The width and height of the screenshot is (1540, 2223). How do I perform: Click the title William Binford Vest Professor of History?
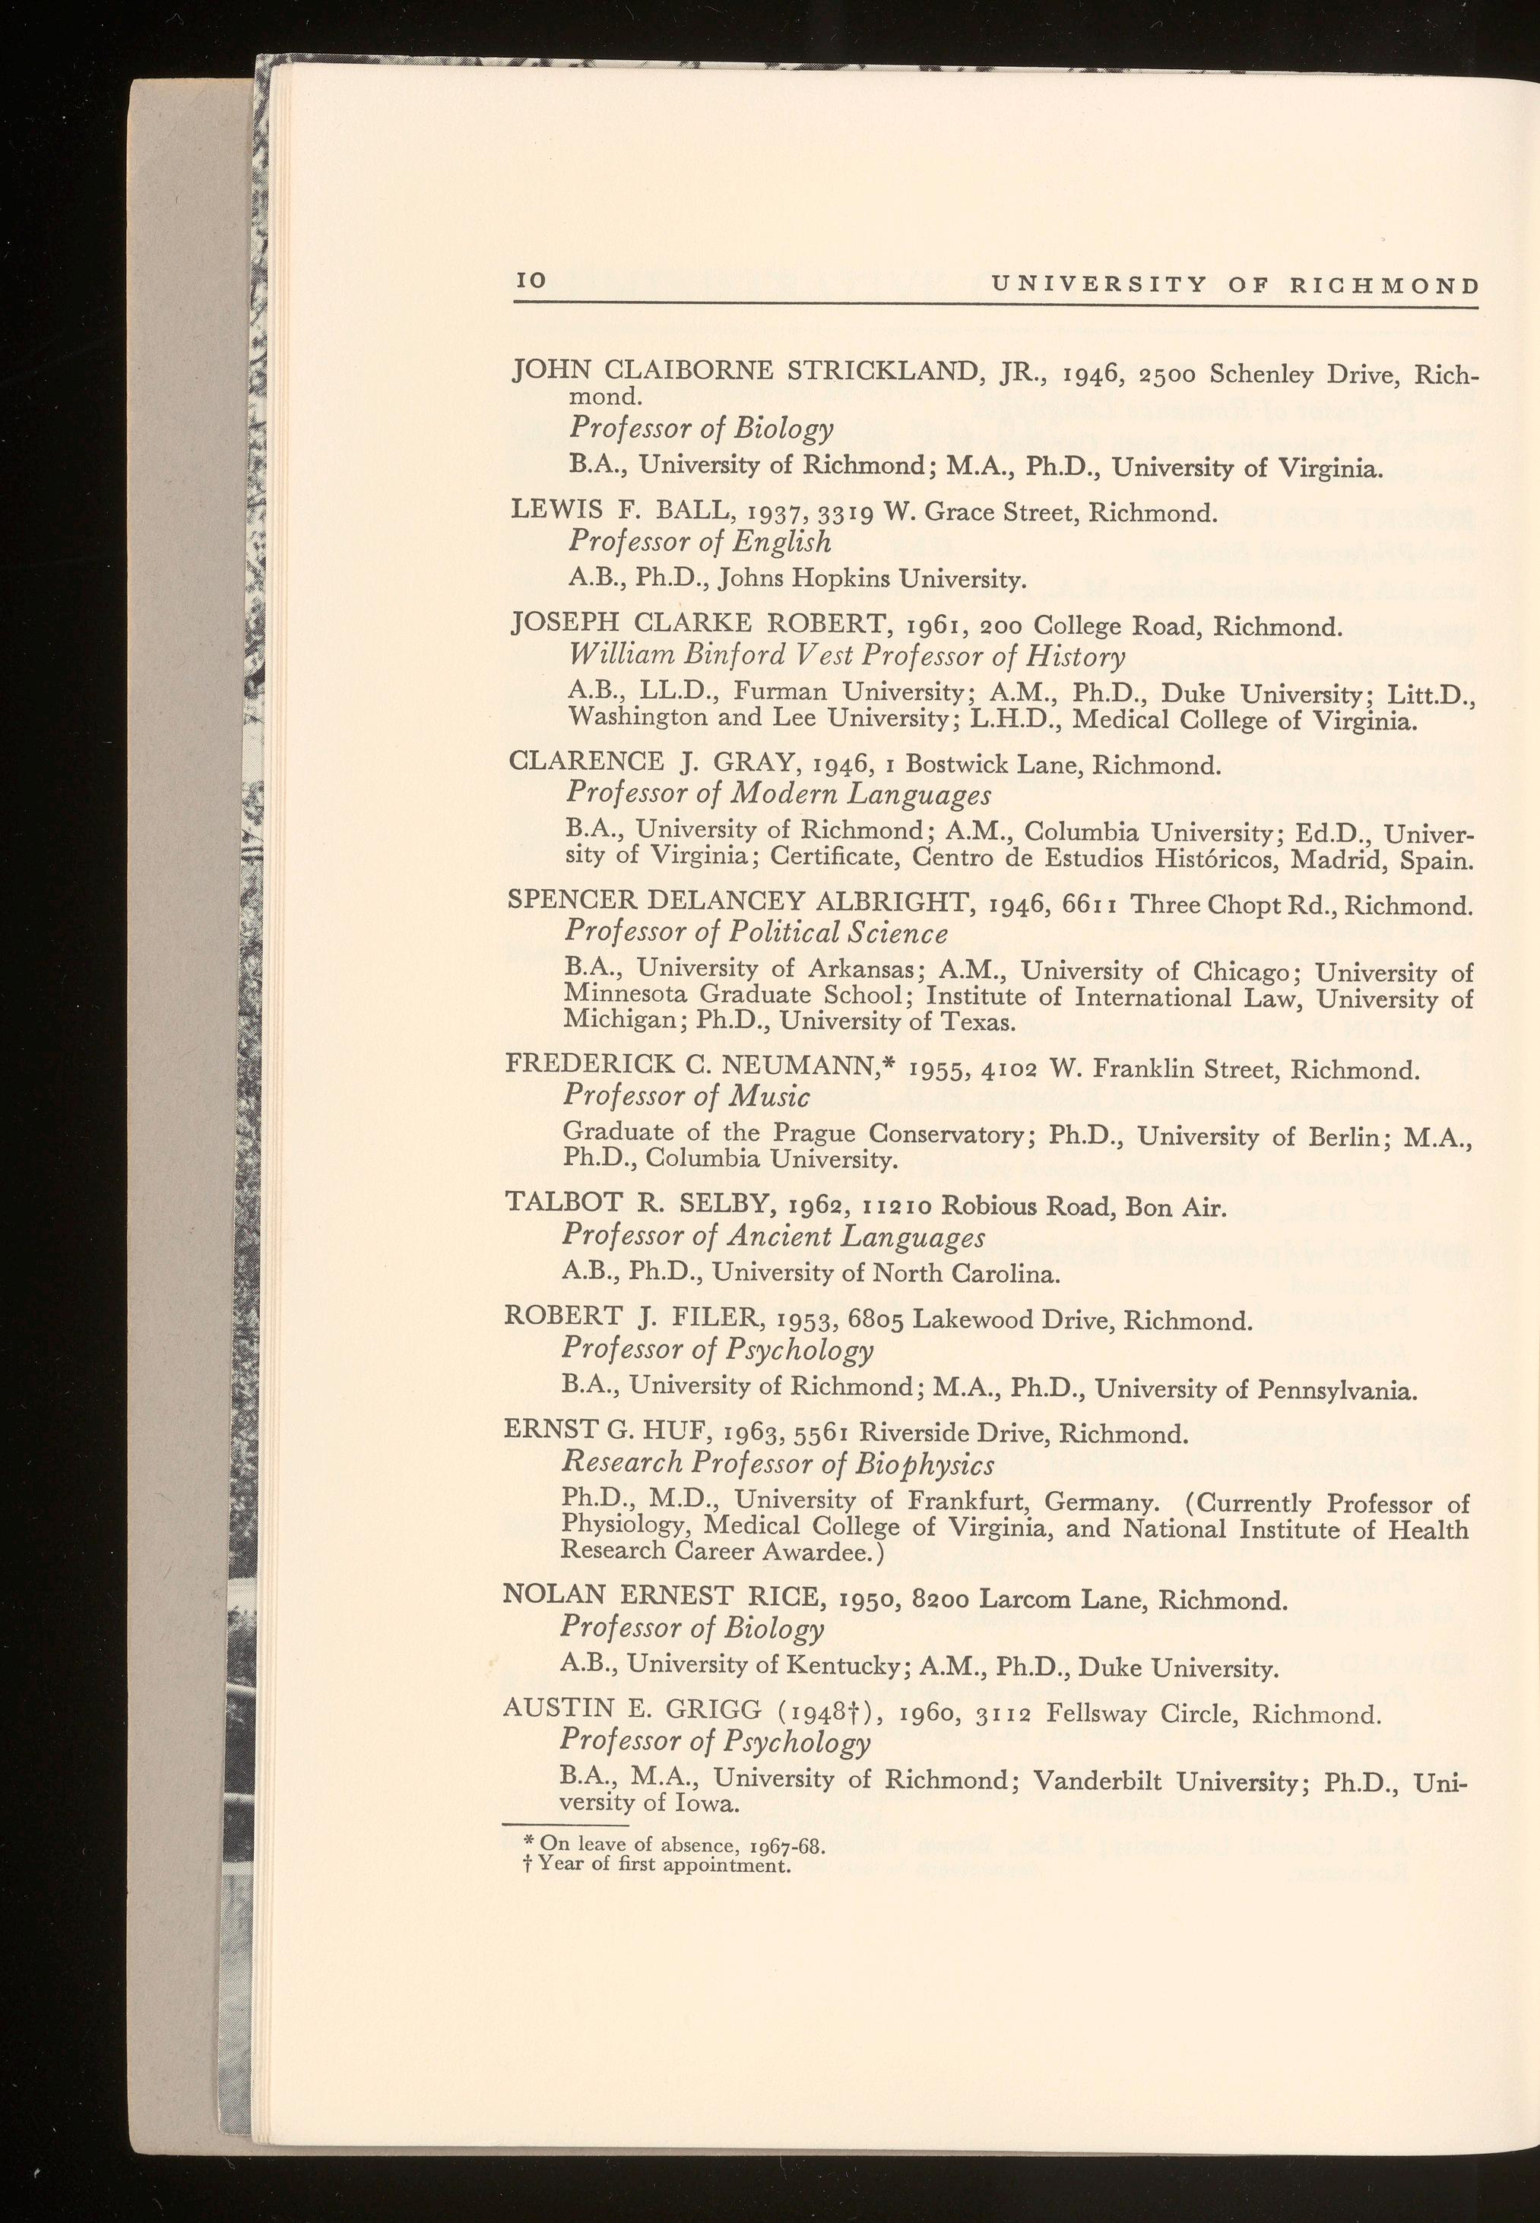[848, 657]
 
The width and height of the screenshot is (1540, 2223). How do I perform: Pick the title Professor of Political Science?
[756, 933]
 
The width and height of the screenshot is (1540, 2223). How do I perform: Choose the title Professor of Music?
[686, 1097]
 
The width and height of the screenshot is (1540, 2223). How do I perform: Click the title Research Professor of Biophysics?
[778, 1465]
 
